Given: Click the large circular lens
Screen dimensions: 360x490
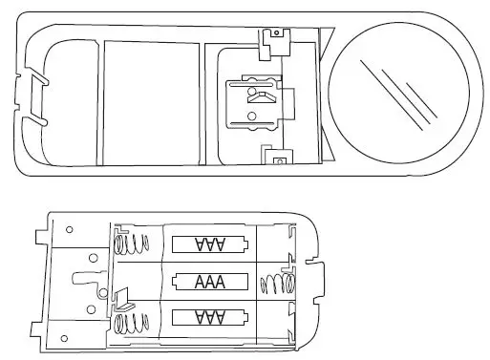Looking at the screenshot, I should coord(398,92).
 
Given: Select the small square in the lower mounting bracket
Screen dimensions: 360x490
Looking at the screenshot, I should coord(277,160).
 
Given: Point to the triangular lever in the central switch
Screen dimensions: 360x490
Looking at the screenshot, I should coord(260,96).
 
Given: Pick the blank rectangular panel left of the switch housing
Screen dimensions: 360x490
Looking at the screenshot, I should coord(151,103).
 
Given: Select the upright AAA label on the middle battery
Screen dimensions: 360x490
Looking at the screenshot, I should coord(209,282).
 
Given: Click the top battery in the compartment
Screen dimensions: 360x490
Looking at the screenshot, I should coord(209,245).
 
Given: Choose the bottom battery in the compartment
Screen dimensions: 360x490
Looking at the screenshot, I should coord(209,318).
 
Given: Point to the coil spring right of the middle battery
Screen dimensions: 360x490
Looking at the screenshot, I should coord(272,283).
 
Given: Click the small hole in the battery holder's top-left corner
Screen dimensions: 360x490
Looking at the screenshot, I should coord(69,230).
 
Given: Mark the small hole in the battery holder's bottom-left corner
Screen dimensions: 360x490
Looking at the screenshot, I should coord(63,339).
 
